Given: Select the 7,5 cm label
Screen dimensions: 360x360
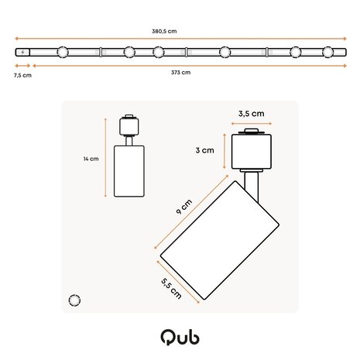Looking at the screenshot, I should tap(22, 75).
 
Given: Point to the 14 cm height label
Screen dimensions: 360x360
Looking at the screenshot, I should tap(91, 159).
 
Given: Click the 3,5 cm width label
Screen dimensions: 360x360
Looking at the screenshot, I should tap(251, 113).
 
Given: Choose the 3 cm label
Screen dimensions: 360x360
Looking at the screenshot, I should tap(204, 150).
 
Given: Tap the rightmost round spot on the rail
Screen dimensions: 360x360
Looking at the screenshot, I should tap(329, 53).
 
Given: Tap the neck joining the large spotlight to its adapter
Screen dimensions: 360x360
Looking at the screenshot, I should tap(250, 183).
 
